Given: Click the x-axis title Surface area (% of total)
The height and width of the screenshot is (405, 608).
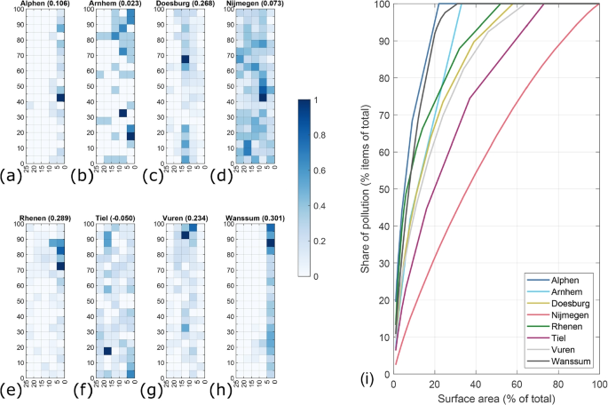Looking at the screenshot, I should (x=497, y=398).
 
